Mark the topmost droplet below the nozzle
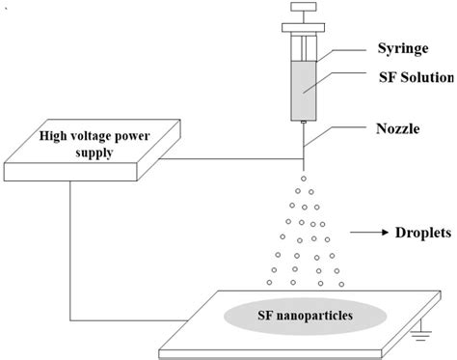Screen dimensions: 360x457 click(303, 178)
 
